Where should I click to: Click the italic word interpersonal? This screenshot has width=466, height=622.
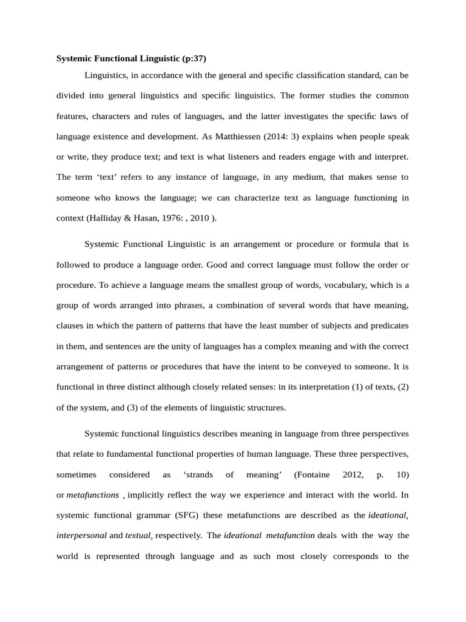[81, 536]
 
